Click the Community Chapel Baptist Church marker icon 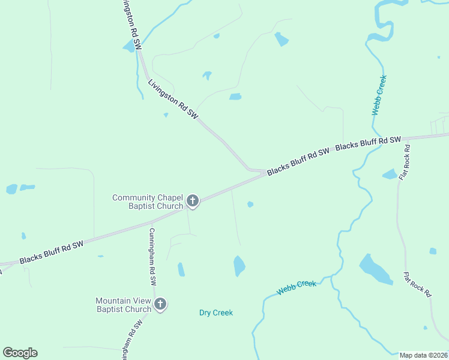coord(192,200)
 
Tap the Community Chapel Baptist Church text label coord(148,202)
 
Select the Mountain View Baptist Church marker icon coord(160,304)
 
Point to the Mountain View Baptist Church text coord(124,305)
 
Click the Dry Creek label coord(215,313)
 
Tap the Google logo coord(20,353)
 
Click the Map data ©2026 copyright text coord(424,355)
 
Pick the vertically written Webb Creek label coord(379,95)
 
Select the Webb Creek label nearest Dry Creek coord(297,287)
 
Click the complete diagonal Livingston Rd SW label coord(173,98)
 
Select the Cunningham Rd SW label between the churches coord(152,257)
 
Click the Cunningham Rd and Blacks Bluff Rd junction coord(151,223)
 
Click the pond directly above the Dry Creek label coord(239,265)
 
